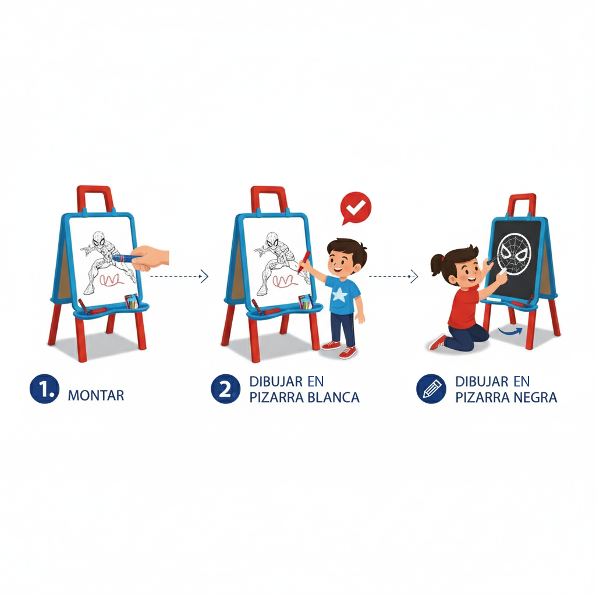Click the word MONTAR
[x=96, y=395]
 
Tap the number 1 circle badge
[x=44, y=389]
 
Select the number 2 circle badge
[x=225, y=389]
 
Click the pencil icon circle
[x=431, y=389]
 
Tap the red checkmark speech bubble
[x=356, y=208]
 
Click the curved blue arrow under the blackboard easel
[x=511, y=331]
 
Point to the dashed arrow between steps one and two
[x=179, y=276]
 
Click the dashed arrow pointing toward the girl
[x=393, y=276]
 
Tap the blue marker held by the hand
[x=127, y=258]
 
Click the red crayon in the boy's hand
[x=304, y=262]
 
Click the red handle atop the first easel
[x=95, y=198]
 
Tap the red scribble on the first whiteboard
[x=112, y=280]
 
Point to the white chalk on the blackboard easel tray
[x=494, y=300]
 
